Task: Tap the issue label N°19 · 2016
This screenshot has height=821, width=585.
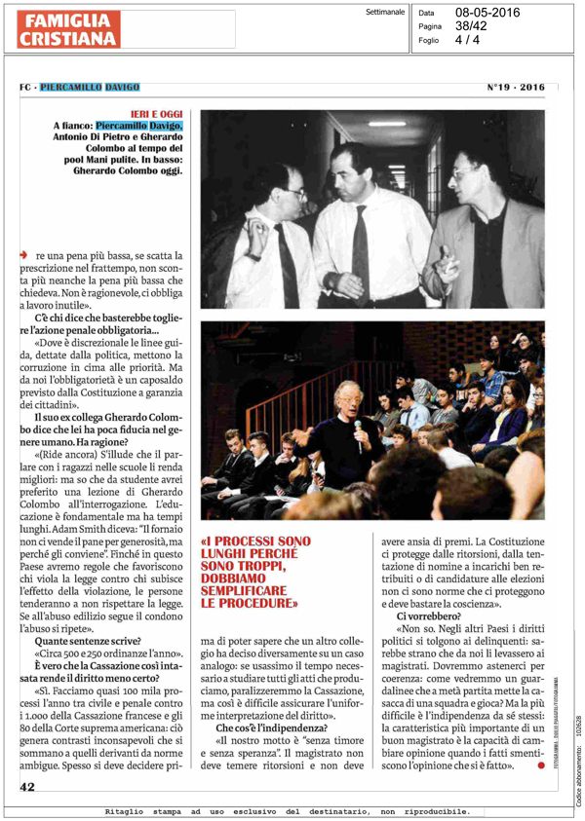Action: click(516, 87)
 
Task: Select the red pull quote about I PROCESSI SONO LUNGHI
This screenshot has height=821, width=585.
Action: click(254, 572)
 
